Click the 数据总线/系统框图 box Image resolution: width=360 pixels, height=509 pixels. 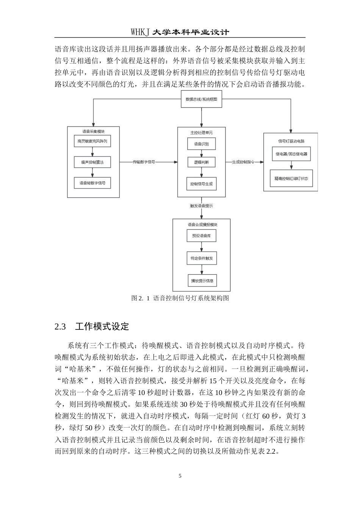[201, 99]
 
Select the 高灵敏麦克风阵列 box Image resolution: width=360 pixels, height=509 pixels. [92, 141]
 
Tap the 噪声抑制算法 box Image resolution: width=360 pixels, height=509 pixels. [92, 162]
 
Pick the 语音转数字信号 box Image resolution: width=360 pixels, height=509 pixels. [92, 183]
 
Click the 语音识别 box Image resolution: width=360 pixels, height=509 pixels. [201, 144]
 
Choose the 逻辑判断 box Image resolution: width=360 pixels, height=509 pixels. [201, 162]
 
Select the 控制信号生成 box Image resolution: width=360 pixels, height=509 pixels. [201, 184]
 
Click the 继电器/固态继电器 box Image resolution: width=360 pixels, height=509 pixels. [291, 154]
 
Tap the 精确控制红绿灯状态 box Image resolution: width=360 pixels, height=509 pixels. [291, 178]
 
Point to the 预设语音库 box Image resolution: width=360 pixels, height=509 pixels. [201, 236]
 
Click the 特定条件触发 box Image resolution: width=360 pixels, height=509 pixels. [202, 258]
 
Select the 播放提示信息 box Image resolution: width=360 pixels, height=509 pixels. [202, 281]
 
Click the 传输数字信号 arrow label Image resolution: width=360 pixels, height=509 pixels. [144, 162]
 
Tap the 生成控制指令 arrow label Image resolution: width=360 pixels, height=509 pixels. [243, 162]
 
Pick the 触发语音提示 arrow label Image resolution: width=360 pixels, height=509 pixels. [201, 206]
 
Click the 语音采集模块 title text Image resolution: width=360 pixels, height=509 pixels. [93, 131]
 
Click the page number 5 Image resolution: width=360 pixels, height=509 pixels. [180, 476]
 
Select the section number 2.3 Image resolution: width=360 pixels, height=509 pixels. [60, 327]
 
